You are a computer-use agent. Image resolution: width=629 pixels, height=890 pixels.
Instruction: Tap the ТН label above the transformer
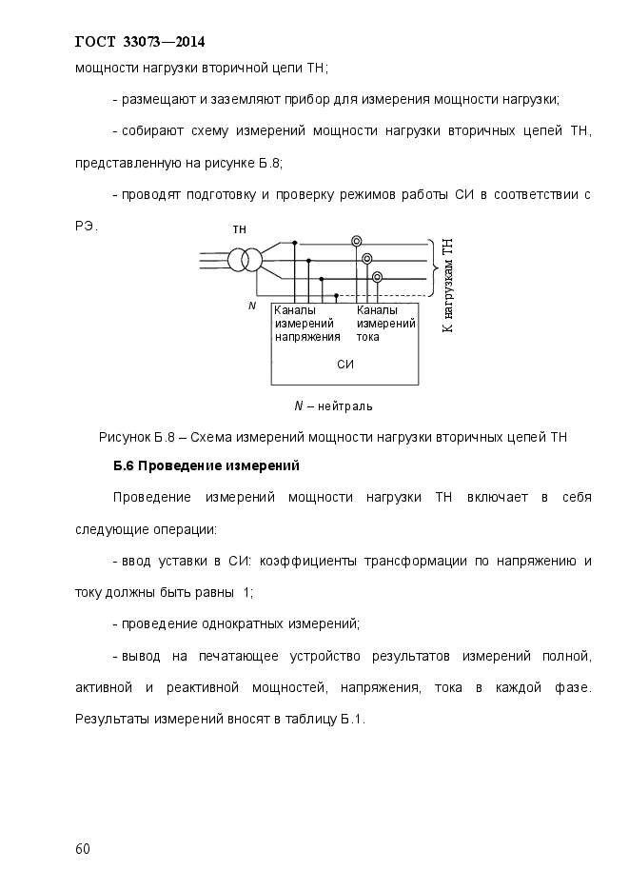[x=240, y=230]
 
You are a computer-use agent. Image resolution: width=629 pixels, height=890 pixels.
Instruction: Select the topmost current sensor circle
[x=356, y=241]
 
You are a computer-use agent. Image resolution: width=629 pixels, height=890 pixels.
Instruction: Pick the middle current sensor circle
[x=366, y=259]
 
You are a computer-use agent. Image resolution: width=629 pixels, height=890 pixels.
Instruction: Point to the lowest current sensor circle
[x=377, y=277]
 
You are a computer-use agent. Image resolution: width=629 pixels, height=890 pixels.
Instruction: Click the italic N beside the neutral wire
[x=251, y=306]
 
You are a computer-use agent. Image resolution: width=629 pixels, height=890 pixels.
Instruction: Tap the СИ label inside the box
[x=345, y=365]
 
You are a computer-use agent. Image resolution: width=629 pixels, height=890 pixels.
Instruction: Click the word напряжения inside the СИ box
[x=307, y=337]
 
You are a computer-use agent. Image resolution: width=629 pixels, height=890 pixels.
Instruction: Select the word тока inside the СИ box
[x=369, y=337]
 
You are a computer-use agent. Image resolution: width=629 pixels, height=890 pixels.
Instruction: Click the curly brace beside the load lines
[x=434, y=267]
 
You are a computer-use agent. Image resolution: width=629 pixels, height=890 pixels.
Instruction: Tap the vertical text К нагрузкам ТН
[x=448, y=286]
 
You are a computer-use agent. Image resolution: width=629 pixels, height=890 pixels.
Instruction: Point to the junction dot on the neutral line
[x=335, y=296]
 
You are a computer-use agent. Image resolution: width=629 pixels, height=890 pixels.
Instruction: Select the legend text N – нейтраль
[x=333, y=405]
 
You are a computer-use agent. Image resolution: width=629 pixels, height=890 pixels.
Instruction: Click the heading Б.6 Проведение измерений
[x=206, y=466]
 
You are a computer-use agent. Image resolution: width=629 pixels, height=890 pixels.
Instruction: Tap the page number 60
[x=82, y=849]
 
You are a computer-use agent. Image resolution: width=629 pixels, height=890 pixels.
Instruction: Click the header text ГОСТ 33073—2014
[x=140, y=42]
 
